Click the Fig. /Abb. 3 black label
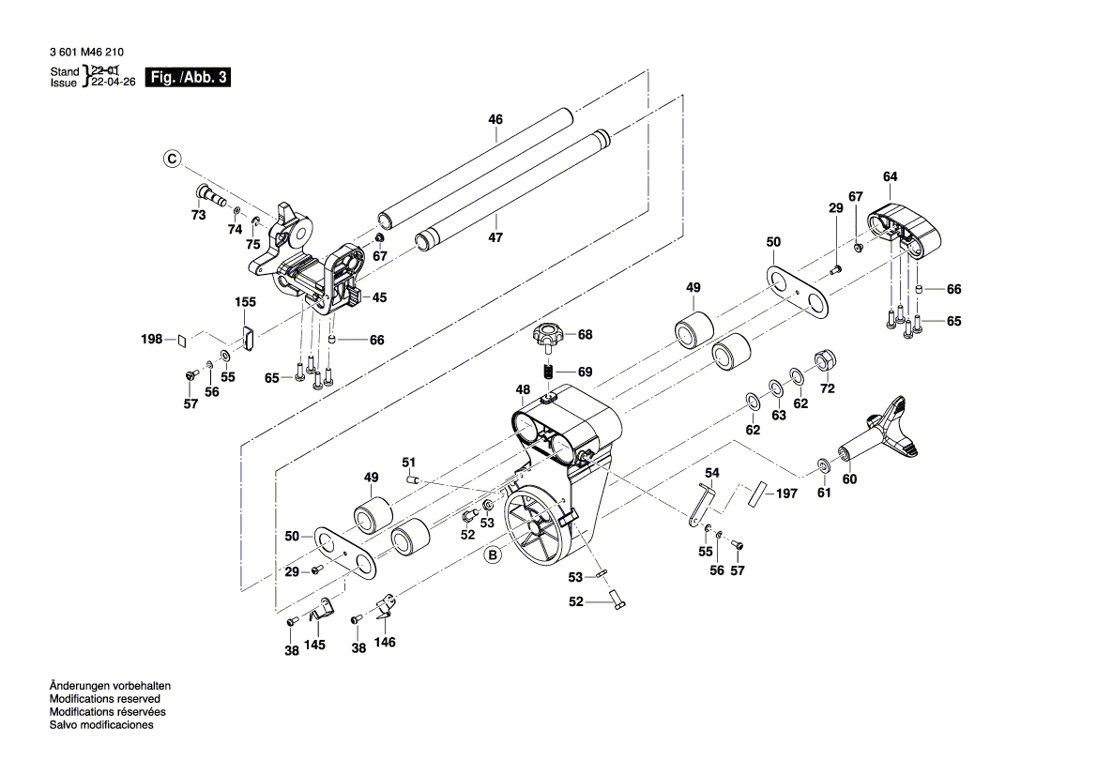[190, 78]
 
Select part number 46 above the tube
[495, 119]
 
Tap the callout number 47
[495, 238]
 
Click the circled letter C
[172, 160]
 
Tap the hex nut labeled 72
[826, 359]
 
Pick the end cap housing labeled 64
[907, 227]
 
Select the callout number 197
[785, 493]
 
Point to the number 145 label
[316, 646]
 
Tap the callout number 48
[523, 388]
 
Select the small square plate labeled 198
[182, 340]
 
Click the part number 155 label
[245, 302]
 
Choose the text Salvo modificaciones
[101, 725]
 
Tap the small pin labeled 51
[411, 479]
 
